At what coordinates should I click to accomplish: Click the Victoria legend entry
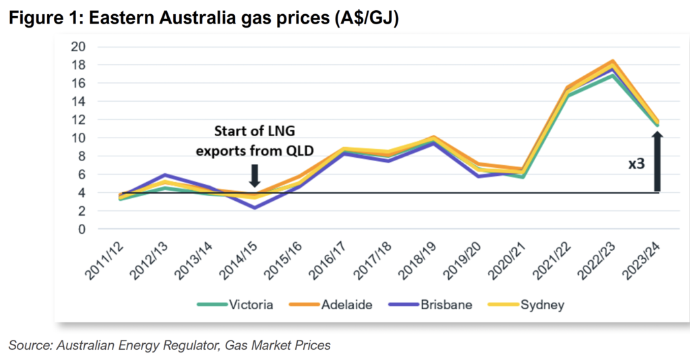click(x=235, y=305)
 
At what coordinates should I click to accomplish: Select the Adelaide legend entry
click(x=330, y=305)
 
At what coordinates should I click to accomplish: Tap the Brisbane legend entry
click(x=431, y=305)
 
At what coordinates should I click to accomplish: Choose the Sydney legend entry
click(x=526, y=305)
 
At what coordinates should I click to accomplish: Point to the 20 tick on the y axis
click(x=78, y=47)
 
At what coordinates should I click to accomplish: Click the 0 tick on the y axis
click(x=82, y=229)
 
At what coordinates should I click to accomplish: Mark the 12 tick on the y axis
click(x=78, y=120)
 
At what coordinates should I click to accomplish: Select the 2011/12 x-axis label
click(x=104, y=260)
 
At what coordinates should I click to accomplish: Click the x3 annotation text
click(x=636, y=164)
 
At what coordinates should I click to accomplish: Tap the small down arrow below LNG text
click(x=254, y=175)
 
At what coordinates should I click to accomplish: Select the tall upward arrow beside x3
click(x=657, y=162)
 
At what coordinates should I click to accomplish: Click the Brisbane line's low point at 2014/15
click(x=254, y=208)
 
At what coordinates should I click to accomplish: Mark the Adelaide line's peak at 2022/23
click(x=613, y=61)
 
